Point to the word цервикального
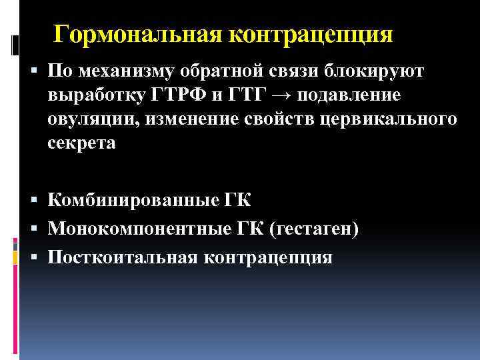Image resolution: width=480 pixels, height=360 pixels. pyautogui.click(x=391, y=121)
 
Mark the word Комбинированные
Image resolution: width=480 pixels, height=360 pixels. pyautogui.click(x=127, y=201)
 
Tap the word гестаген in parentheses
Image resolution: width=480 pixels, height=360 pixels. pyautogui.click(x=315, y=229)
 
